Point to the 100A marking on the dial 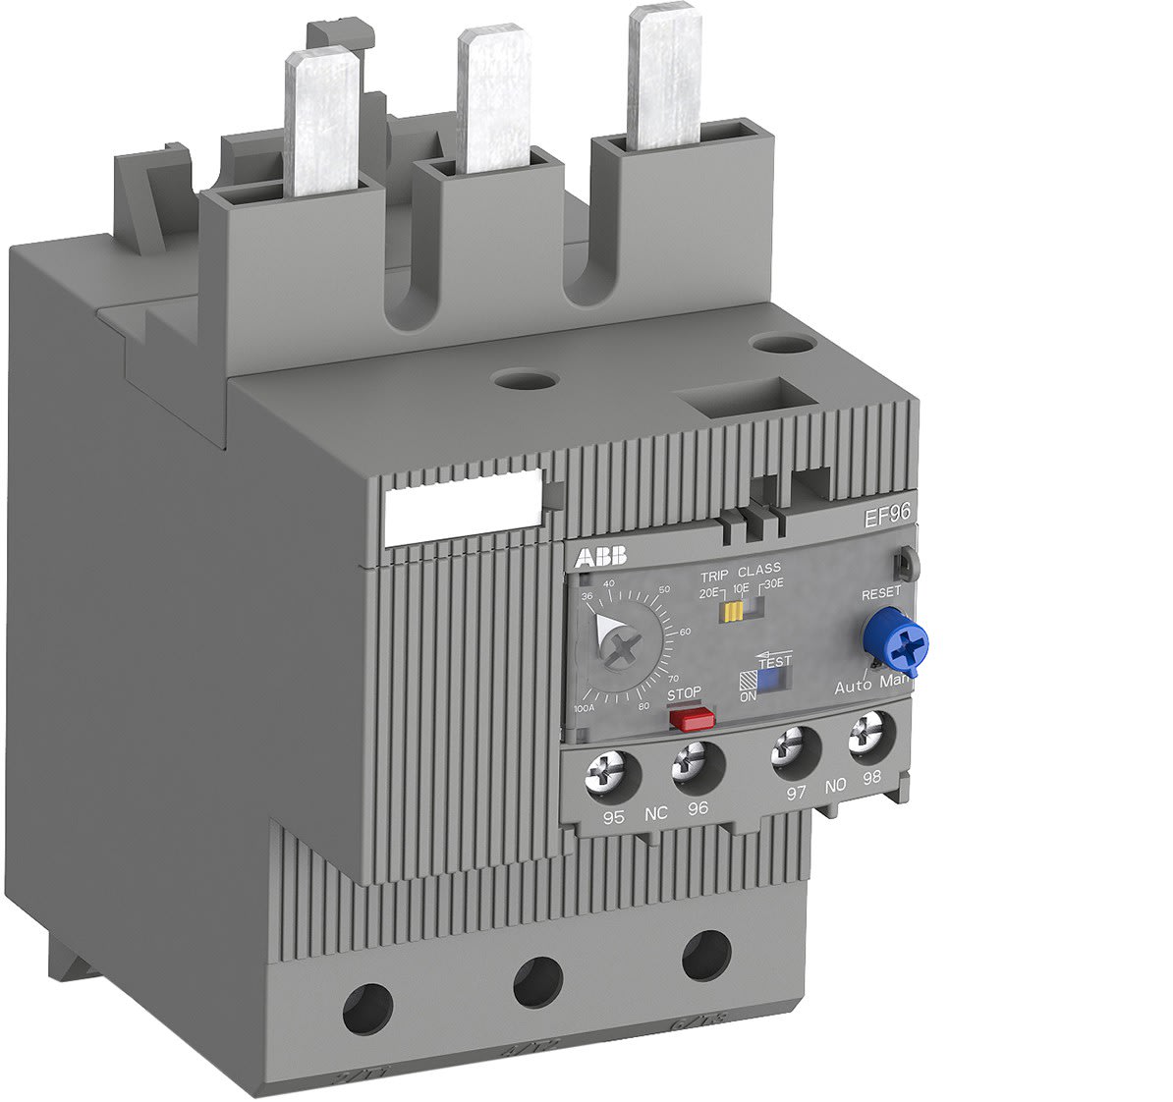coord(584,708)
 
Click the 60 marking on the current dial coord(685,631)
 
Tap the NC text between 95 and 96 coord(655,814)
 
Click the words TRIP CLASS coord(740,569)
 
